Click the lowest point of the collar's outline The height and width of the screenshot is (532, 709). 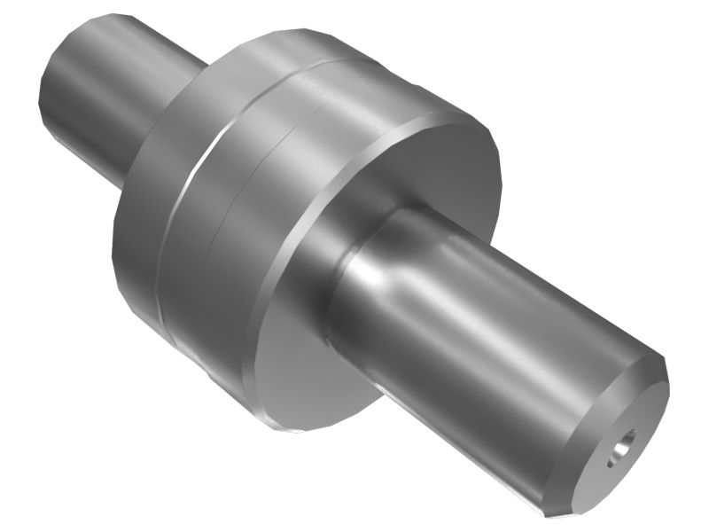(x=284, y=431)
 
